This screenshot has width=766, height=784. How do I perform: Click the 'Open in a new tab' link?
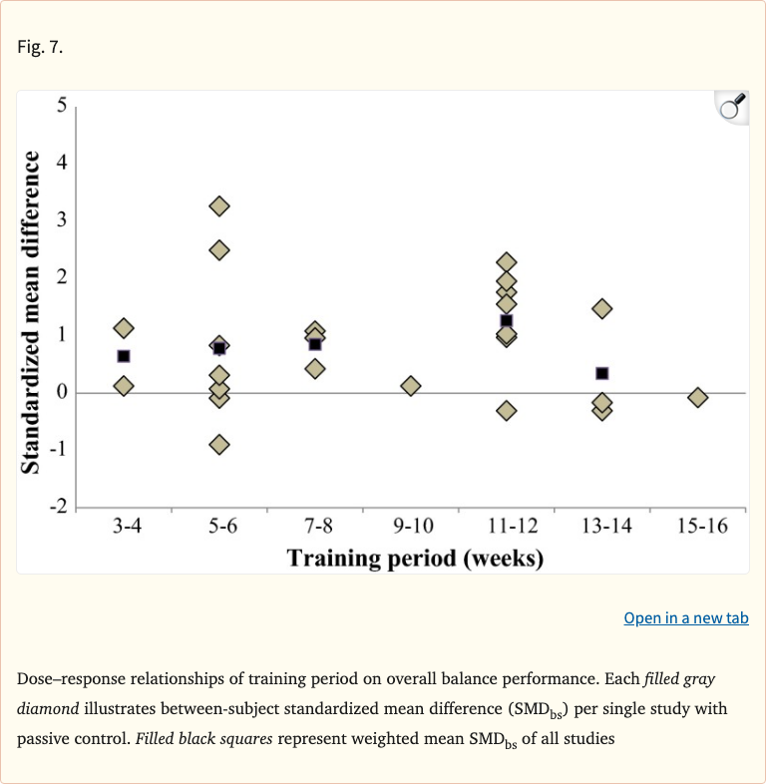pyautogui.click(x=685, y=618)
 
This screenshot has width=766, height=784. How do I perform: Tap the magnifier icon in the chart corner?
pyautogui.click(x=732, y=107)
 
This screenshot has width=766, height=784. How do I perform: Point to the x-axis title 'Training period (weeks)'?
pyautogui.click(x=415, y=558)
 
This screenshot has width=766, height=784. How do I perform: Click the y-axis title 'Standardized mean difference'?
pyautogui.click(x=32, y=312)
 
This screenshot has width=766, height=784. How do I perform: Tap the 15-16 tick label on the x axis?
pyautogui.click(x=697, y=527)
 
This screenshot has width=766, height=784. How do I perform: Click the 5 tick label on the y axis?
pyautogui.click(x=62, y=105)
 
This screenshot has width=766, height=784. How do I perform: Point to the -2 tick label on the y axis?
pyautogui.click(x=58, y=508)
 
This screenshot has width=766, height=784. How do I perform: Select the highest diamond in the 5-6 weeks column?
pyautogui.click(x=219, y=206)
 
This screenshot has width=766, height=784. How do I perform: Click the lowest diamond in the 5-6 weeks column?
pyautogui.click(x=219, y=444)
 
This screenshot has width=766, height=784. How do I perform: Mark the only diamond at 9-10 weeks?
pyautogui.click(x=411, y=385)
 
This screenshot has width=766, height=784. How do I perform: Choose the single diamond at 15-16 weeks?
pyautogui.click(x=698, y=397)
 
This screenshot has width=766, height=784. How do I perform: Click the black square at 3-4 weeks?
pyautogui.click(x=124, y=356)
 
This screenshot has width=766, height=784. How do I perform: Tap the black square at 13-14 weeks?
pyautogui.click(x=602, y=373)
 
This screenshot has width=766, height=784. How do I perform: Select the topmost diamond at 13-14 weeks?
pyautogui.click(x=602, y=308)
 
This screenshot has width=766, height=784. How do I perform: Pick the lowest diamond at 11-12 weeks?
pyautogui.click(x=507, y=410)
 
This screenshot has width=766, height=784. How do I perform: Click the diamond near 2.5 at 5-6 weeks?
pyautogui.click(x=219, y=249)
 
